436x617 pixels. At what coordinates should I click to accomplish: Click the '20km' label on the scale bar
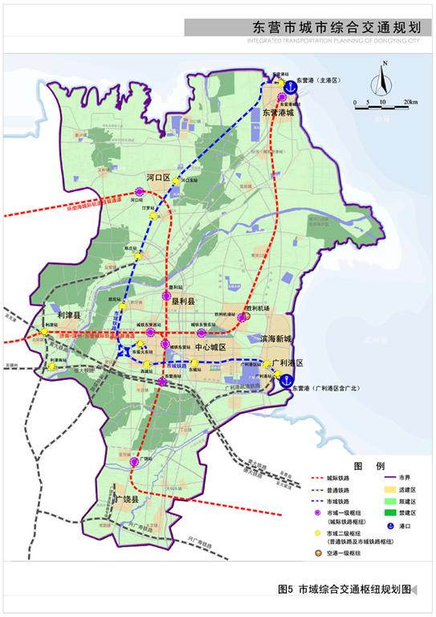[x=410, y=103]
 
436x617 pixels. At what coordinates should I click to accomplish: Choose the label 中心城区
[x=211, y=346]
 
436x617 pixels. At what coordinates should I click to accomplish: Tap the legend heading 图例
[x=369, y=465]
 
